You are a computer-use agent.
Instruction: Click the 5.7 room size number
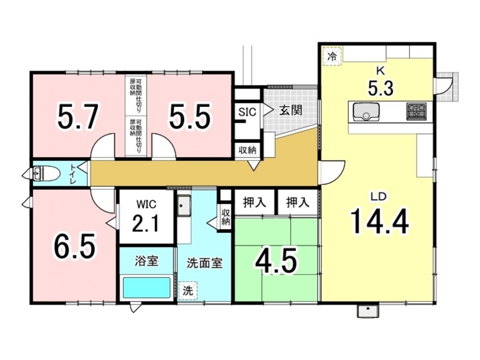click(78, 117)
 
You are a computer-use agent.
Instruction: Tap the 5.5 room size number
click(190, 117)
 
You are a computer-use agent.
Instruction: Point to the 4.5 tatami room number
click(276, 261)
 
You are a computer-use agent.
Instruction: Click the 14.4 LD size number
click(379, 220)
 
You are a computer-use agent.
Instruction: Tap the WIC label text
click(146, 204)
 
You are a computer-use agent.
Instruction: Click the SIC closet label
click(247, 112)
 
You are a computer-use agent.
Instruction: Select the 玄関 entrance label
click(290, 110)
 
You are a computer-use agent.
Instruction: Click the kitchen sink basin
click(366, 112)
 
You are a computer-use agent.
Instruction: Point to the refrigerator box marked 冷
click(332, 56)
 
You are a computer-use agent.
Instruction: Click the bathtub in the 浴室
click(146, 288)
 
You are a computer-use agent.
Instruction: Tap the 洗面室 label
click(204, 263)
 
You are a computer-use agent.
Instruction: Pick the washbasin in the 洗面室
click(184, 205)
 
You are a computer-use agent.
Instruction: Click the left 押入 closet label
click(254, 203)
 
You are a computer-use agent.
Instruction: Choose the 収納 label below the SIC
click(247, 150)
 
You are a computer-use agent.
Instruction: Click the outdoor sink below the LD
click(368, 312)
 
